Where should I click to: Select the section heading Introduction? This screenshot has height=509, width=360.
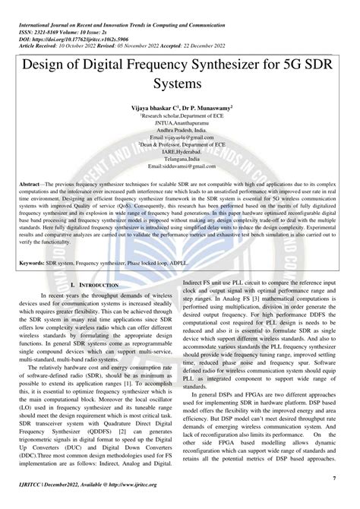(99, 283)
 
